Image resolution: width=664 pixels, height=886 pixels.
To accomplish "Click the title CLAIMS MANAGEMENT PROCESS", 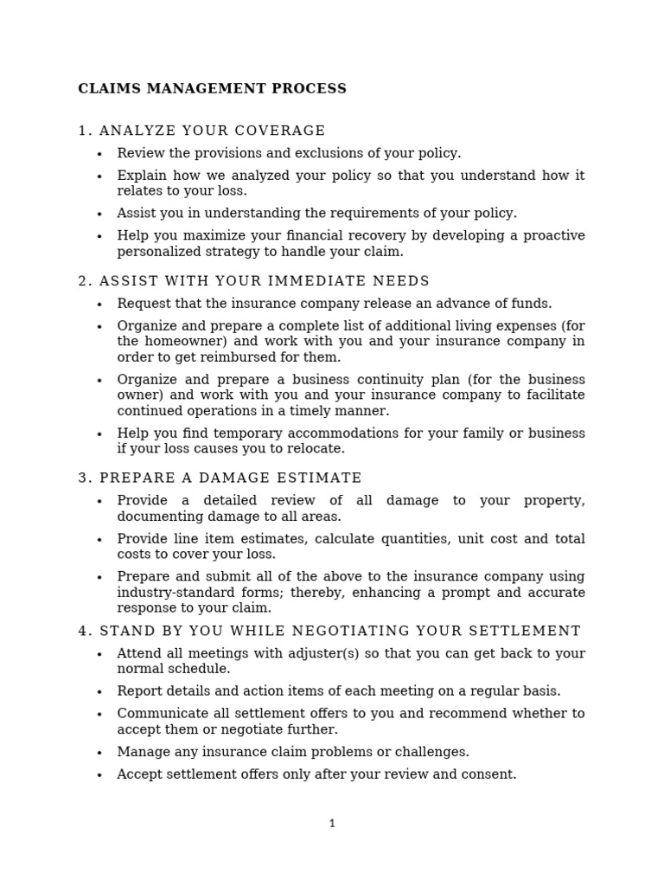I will pyautogui.click(x=212, y=88).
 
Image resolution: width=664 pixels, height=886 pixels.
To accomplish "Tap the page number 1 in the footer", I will pyautogui.click(x=332, y=824).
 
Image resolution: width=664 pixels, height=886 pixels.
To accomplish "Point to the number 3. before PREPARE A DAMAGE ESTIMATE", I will pyautogui.click(x=85, y=478).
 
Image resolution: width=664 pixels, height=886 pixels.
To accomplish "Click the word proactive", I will pyautogui.click(x=550, y=236).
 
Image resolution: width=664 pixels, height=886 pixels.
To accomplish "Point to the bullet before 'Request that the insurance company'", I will pyautogui.click(x=99, y=305).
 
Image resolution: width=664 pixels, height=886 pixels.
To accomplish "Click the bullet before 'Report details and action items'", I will pyautogui.click(x=99, y=692).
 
